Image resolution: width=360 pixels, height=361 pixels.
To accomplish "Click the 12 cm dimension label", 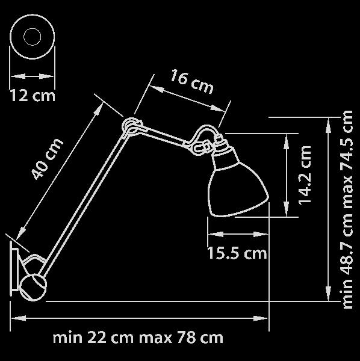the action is coord(33,96).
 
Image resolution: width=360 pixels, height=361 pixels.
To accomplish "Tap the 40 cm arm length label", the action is coord(47,159).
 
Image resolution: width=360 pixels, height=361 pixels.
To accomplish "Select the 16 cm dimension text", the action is coord(191,82).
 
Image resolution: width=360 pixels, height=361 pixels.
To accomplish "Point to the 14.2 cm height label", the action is coord(305,174).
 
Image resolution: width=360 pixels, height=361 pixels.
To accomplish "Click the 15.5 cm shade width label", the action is coord(237,253).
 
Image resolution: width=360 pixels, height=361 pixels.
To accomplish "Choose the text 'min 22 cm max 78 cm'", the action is coord(138,338).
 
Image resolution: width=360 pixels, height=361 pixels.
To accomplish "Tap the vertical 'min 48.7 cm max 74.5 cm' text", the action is coord(347,209).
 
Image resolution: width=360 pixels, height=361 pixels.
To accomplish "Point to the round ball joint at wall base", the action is coord(33,288).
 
